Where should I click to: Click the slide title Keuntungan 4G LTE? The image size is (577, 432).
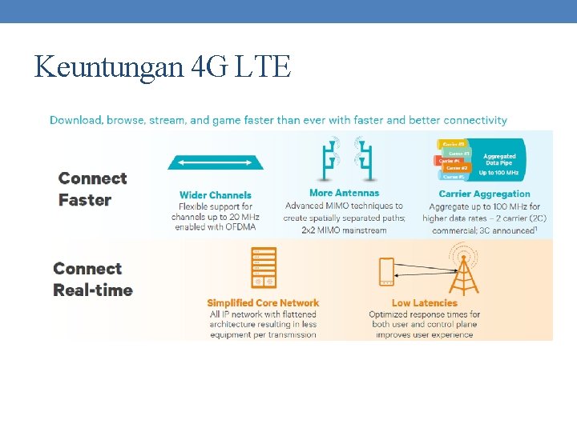point(163,66)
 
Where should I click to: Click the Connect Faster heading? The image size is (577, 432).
point(93,189)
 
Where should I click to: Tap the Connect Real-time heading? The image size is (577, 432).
point(93,279)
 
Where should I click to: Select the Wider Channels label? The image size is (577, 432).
point(216,195)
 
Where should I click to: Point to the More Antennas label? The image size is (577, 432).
point(344,193)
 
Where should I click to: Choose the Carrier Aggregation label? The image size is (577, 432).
point(484,194)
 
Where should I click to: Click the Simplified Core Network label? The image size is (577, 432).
point(263,303)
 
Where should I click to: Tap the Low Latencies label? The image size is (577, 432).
point(424,303)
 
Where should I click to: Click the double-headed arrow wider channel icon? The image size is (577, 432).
point(216,163)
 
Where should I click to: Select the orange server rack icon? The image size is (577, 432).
point(264,267)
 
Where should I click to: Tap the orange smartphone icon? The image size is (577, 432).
point(386,272)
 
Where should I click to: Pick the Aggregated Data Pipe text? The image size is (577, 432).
point(499,159)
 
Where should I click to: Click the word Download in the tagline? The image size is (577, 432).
point(74,120)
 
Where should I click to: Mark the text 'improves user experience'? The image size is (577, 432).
point(424,334)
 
